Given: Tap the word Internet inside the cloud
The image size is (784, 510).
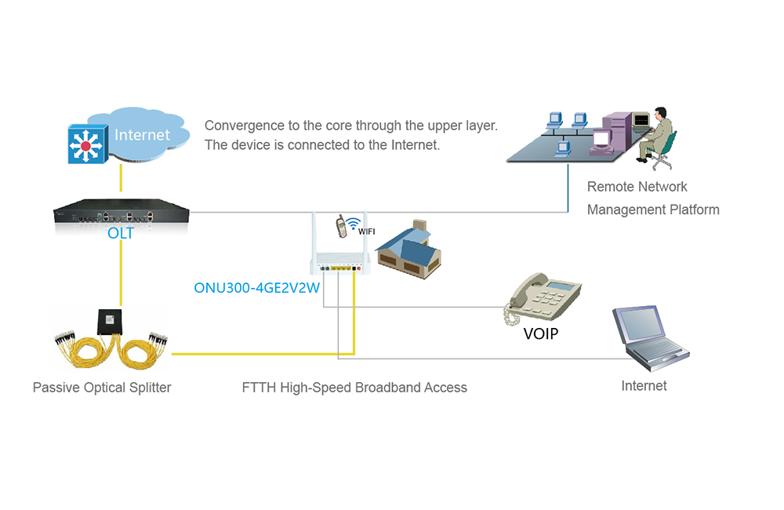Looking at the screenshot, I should tap(142, 135).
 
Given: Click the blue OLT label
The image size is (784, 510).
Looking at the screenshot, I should tap(122, 234).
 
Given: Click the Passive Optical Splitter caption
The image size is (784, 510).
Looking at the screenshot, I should tap(102, 387).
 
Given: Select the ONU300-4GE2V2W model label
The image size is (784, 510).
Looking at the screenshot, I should tap(257, 288).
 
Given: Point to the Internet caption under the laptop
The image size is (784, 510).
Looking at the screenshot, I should tap(644, 385).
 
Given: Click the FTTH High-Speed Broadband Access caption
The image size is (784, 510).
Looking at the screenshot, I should tap(354, 387).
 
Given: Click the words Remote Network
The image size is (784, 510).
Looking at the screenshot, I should tap(637, 187).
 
